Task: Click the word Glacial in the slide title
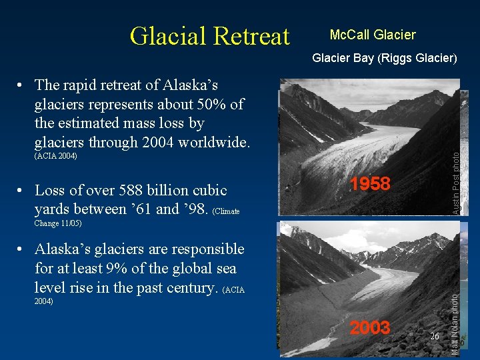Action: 166,36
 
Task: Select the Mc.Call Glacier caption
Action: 373,35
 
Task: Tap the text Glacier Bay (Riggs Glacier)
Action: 385,58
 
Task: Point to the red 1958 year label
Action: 370,184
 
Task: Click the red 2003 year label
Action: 370,327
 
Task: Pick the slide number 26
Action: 434,336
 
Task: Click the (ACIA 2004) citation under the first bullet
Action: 55,156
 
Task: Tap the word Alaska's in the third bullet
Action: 64,249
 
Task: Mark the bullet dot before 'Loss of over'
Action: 22,191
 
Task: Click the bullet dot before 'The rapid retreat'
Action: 22,86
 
